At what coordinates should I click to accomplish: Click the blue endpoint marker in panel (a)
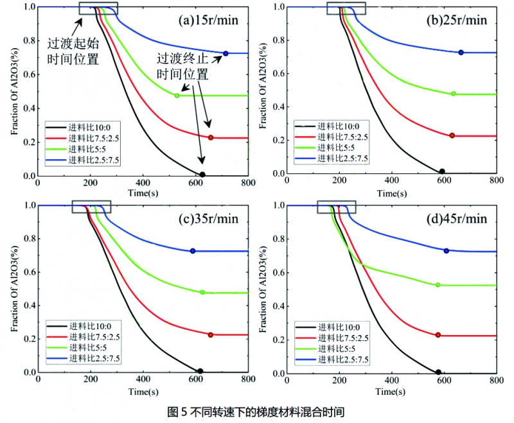click(226, 53)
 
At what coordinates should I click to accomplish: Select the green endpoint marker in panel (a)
click(177, 96)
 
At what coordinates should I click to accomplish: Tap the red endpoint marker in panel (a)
click(211, 137)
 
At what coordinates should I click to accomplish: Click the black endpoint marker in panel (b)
click(441, 172)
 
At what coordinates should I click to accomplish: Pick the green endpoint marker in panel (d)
click(438, 284)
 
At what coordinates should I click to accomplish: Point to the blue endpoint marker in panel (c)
click(193, 250)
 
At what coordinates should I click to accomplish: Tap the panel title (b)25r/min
click(457, 20)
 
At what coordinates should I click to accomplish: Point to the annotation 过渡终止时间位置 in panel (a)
click(184, 65)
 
